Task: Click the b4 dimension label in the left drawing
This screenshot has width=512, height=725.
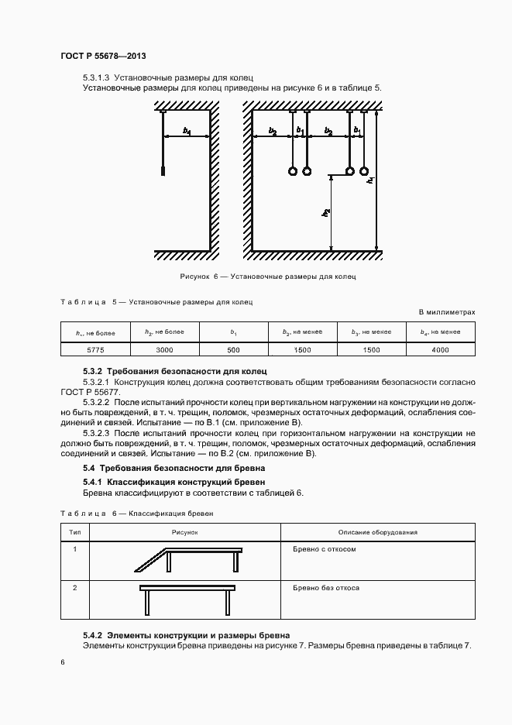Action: tap(187, 132)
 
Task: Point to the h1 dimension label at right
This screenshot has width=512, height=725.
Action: tap(371, 180)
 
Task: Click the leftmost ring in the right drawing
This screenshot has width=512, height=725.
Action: tap(293, 171)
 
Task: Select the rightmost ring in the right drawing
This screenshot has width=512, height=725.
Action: tap(364, 171)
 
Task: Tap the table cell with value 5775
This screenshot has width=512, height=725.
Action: tap(95, 350)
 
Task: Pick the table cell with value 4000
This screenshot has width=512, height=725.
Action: tap(441, 350)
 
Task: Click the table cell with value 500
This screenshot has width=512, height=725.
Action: tap(233, 350)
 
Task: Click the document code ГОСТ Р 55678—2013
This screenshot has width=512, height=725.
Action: tap(103, 57)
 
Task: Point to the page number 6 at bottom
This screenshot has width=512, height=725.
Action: tap(63, 661)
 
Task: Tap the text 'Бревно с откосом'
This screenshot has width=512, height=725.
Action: tap(325, 548)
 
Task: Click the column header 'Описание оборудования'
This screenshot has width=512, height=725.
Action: tap(378, 532)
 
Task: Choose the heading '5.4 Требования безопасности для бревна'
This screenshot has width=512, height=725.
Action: tap(174, 469)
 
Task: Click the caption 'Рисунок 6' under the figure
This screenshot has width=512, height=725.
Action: tap(267, 276)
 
